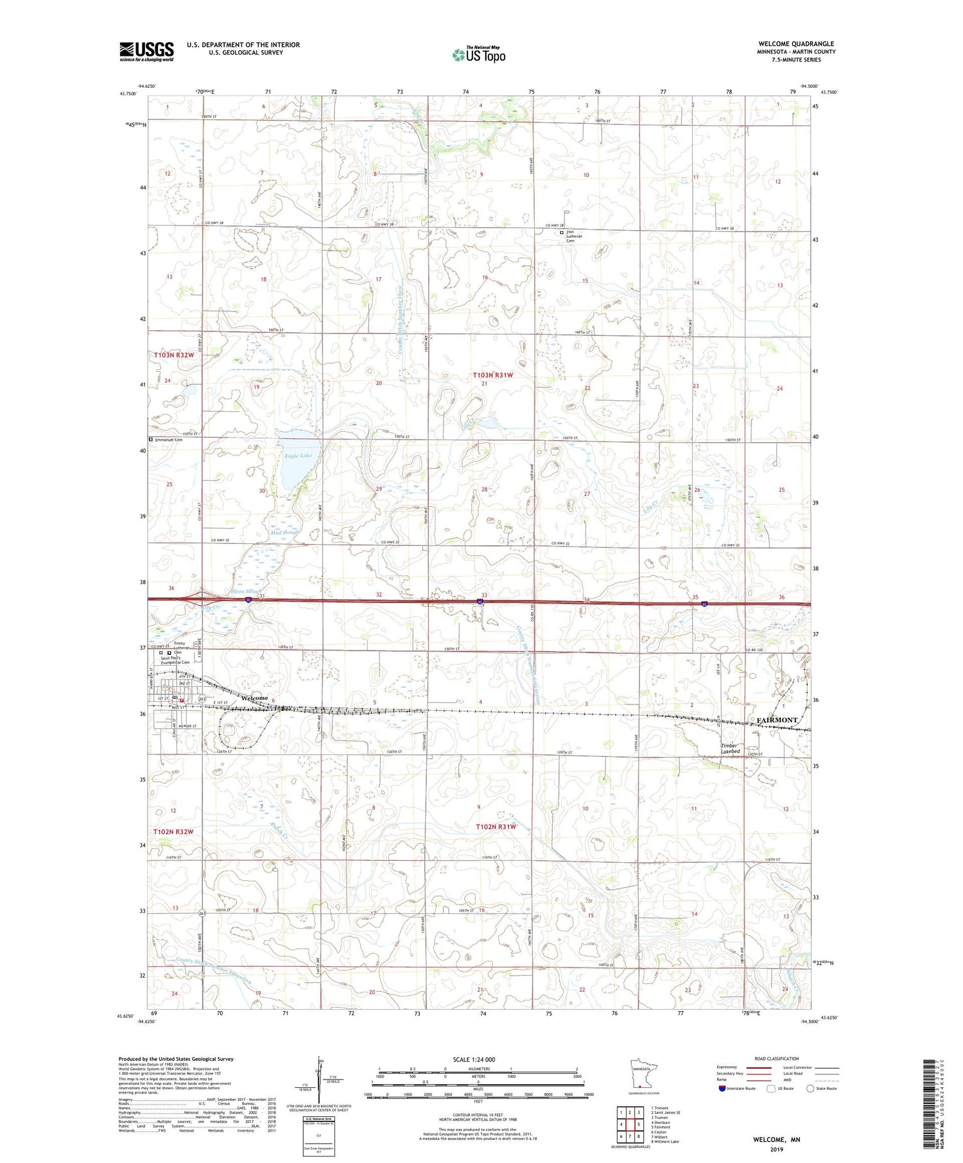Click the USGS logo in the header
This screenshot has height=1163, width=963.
146,51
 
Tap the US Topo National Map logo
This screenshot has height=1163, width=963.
478,55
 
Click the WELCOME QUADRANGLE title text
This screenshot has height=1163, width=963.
796,44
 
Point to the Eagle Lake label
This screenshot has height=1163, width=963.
299,455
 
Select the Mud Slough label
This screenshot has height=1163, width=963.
284,532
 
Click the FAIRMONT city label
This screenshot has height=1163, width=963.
777,720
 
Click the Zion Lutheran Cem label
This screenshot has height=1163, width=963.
574,236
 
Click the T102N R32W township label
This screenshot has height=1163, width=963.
173,831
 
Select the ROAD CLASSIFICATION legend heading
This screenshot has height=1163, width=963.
777,1058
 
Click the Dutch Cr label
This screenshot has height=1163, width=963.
281,831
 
